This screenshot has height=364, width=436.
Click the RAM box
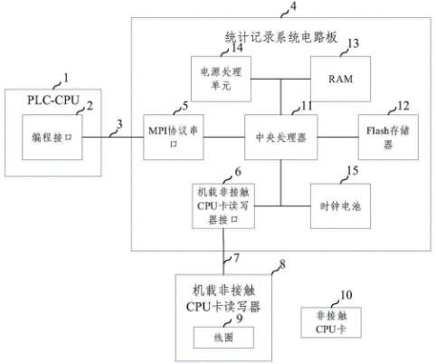click(x=340, y=79)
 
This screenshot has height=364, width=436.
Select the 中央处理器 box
click(x=280, y=137)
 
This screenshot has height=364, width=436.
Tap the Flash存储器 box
click(x=388, y=137)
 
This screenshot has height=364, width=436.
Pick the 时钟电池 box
click(x=340, y=206)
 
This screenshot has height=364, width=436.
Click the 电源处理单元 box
click(x=221, y=79)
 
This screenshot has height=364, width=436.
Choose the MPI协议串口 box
click(x=174, y=137)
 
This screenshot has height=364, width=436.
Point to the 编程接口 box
click(x=52, y=137)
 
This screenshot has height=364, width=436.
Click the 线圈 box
click(x=223, y=338)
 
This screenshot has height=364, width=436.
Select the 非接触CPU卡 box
click(x=331, y=322)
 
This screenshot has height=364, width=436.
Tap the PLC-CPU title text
click(x=53, y=101)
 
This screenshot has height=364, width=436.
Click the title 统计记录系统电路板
click(x=281, y=37)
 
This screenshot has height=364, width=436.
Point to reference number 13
click(x=353, y=43)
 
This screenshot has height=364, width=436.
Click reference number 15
click(x=352, y=171)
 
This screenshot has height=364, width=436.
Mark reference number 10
click(x=346, y=295)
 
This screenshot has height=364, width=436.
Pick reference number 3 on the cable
click(x=119, y=124)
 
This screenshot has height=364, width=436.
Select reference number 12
click(x=403, y=106)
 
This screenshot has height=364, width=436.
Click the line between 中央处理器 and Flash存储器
click(x=337, y=137)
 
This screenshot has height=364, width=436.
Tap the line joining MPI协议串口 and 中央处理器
click(x=224, y=137)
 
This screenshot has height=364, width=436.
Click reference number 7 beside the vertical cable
click(x=237, y=258)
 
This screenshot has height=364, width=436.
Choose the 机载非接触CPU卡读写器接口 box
click(x=223, y=206)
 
